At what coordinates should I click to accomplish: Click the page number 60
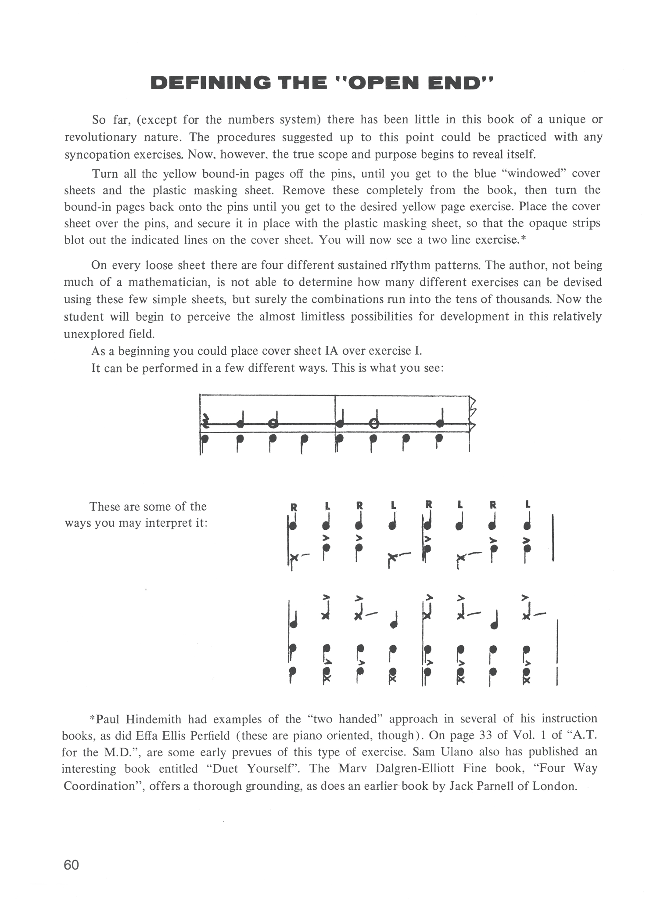[72, 864]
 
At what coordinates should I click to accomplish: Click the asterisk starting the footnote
[92, 719]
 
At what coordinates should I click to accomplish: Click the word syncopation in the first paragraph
[92, 155]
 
